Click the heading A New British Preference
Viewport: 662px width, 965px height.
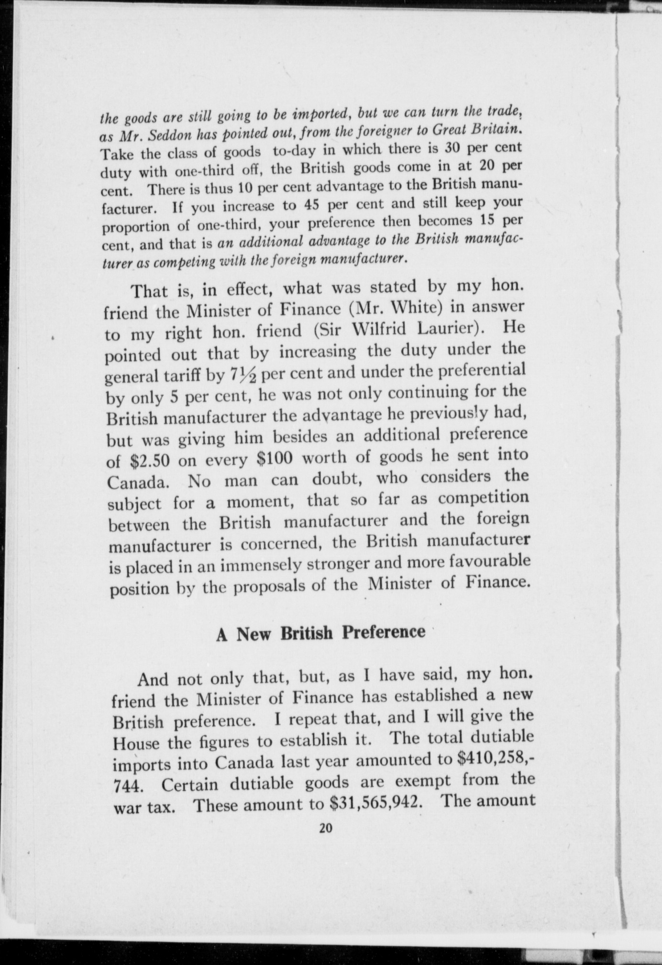pyautogui.click(x=320, y=633)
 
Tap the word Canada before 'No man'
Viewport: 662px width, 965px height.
pyautogui.click(x=138, y=482)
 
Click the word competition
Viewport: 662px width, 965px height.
pyautogui.click(x=484, y=497)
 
